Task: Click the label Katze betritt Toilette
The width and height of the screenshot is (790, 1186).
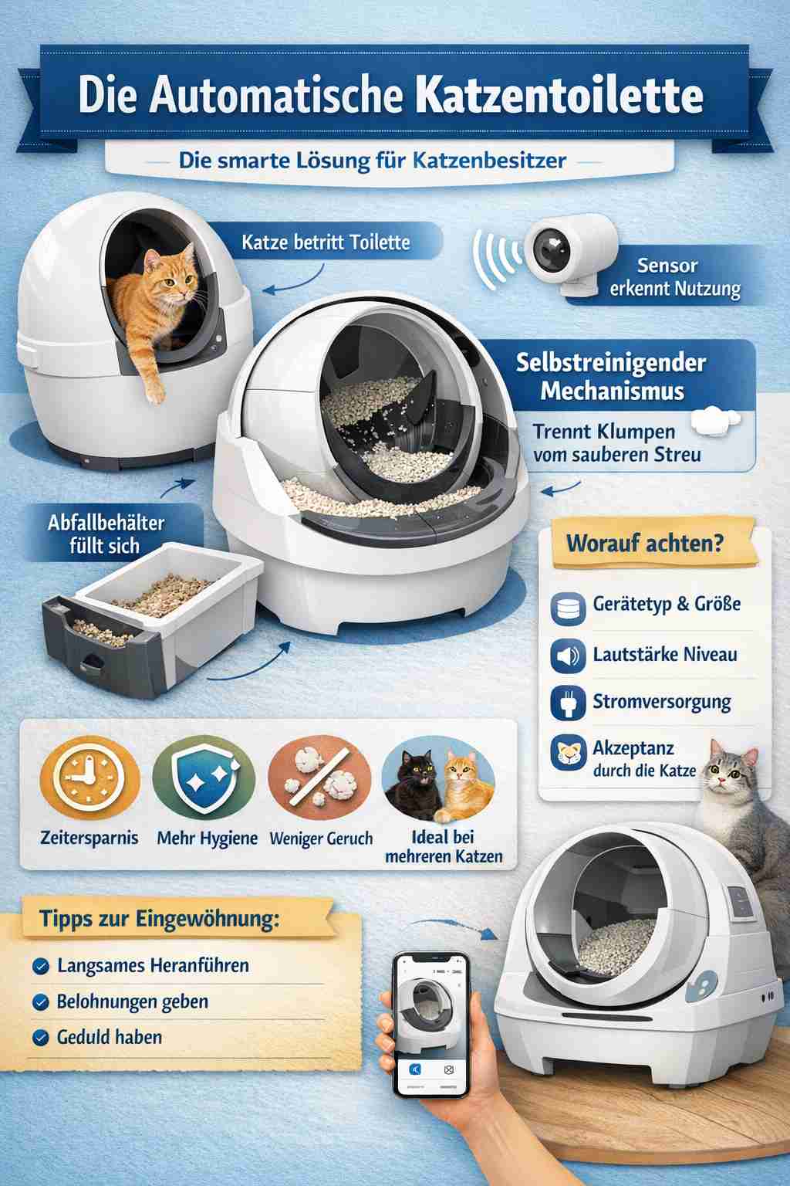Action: (326, 242)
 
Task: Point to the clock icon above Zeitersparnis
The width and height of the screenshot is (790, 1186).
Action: (89, 780)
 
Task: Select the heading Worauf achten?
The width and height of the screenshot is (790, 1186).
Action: (645, 542)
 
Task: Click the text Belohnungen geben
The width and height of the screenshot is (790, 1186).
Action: (133, 1001)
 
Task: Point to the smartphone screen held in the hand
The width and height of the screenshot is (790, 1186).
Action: (431, 1019)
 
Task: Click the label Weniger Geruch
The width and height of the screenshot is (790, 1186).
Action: (321, 839)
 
